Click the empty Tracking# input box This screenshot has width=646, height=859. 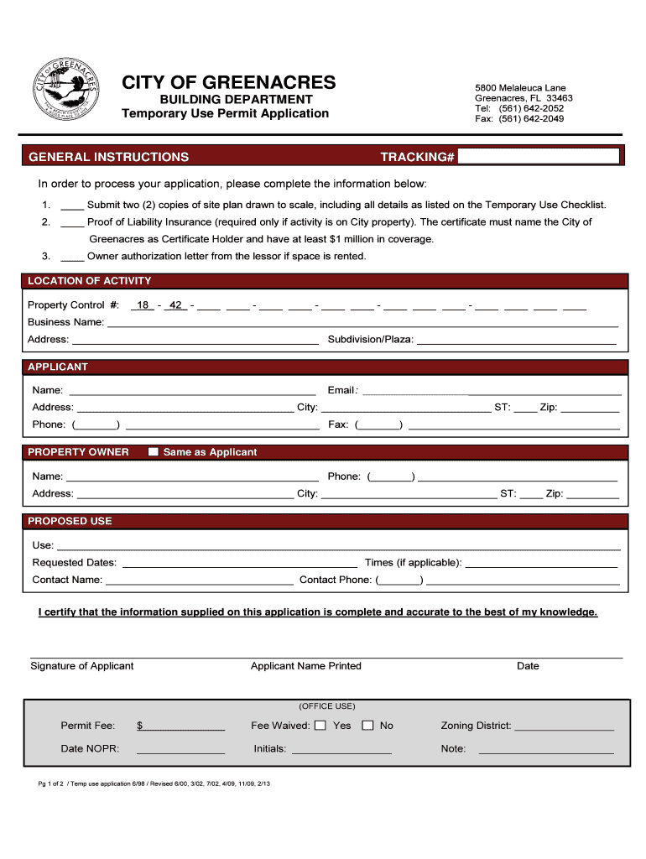[x=539, y=157]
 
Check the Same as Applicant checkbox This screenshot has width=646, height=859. [x=153, y=452]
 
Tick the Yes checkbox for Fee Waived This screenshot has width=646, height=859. [x=320, y=726]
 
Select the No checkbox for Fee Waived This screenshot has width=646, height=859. [x=367, y=726]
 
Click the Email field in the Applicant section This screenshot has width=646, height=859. [x=492, y=390]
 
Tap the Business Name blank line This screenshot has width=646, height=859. [x=362, y=322]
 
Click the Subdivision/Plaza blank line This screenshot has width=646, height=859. [x=516, y=340]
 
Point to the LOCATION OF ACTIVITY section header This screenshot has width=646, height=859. [x=90, y=281]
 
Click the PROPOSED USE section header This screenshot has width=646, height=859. [x=70, y=521]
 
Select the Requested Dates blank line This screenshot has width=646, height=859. [x=240, y=563]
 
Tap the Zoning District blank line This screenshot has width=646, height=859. [x=564, y=726]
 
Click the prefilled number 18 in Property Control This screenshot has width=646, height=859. [x=143, y=305]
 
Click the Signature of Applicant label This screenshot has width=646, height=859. [x=82, y=666]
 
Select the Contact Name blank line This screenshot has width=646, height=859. [x=200, y=580]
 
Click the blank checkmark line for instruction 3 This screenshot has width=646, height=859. [x=72, y=257]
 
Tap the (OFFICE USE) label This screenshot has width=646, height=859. [x=327, y=706]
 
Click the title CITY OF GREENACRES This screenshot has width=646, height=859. [x=229, y=82]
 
